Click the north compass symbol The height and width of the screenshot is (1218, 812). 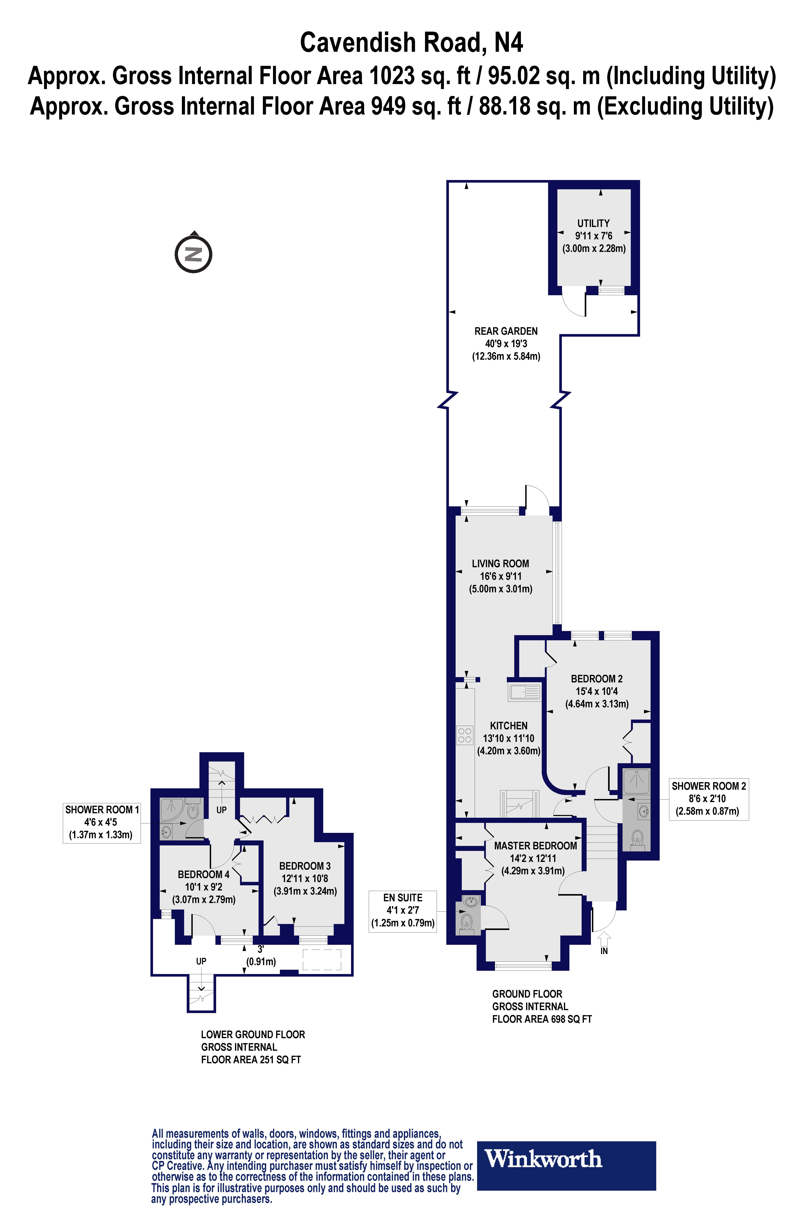point(193,254)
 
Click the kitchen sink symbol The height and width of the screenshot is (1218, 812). point(525,692)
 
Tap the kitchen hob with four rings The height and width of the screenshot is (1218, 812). point(465,735)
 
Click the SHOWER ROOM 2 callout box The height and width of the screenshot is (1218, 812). point(709,798)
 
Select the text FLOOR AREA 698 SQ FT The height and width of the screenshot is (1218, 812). point(542,1019)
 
